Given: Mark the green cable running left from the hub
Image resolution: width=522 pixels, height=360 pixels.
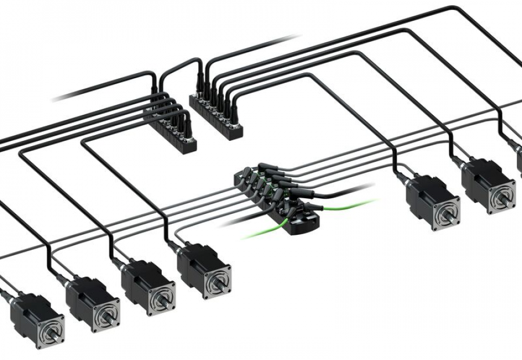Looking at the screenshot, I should (261, 232).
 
